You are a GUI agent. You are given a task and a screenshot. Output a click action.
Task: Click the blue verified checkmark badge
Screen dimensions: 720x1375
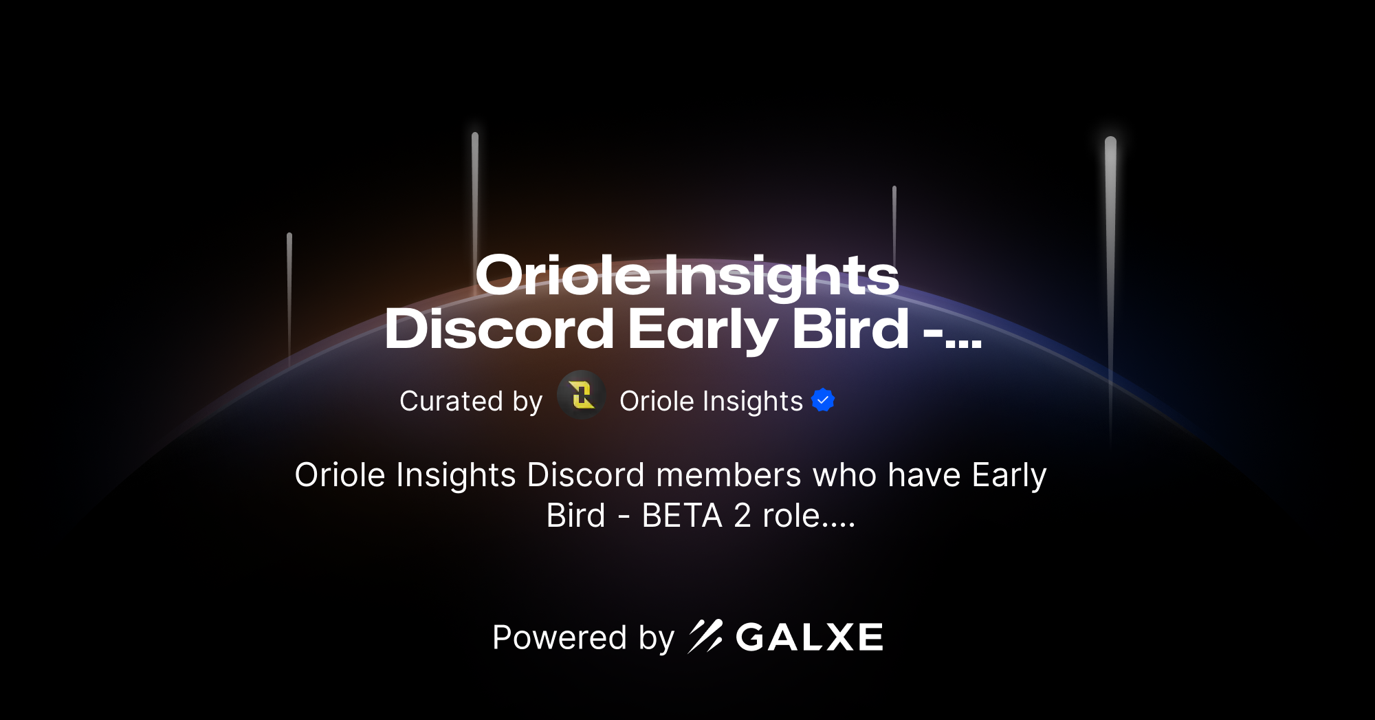823,400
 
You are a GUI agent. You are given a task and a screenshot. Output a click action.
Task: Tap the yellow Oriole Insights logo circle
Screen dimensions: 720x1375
582,395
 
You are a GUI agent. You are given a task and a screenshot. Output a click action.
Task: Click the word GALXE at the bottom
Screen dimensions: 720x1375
809,637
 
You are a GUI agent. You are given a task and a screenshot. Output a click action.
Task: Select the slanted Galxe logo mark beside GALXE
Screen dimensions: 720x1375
705,637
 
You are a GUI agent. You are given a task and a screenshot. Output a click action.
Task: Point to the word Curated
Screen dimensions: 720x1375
451,401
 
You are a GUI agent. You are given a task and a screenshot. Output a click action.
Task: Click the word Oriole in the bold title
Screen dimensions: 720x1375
562,276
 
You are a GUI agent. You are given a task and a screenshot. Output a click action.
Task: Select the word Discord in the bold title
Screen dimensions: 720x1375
499,329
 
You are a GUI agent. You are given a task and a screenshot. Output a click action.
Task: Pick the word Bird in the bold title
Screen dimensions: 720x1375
850,329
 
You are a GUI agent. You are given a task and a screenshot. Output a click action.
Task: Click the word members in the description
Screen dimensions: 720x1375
729,475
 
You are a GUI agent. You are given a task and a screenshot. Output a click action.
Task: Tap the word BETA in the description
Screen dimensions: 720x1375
681,516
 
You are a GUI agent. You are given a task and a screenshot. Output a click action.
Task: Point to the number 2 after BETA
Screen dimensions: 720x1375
742,516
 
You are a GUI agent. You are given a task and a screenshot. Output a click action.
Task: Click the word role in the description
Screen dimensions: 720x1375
791,516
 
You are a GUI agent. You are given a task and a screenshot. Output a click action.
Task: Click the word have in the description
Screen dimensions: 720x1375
924,475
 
